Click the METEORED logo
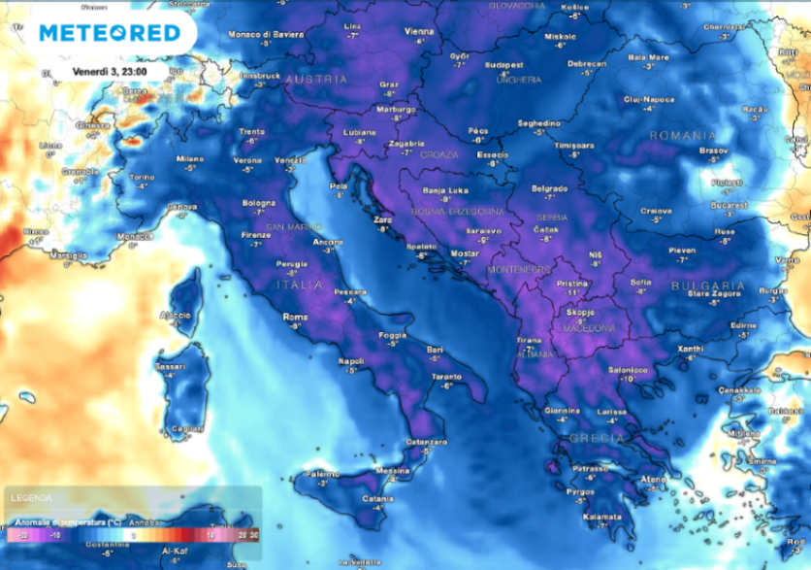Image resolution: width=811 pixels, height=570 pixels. (x=109, y=33)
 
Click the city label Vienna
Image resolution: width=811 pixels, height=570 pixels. (x=419, y=32)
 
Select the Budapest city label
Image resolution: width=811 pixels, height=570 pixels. (x=503, y=65)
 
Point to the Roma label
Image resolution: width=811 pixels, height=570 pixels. (x=294, y=317)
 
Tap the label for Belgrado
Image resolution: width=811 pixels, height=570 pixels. (x=549, y=187)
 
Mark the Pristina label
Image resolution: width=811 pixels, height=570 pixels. (x=573, y=283)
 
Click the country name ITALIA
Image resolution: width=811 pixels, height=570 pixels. (x=298, y=285)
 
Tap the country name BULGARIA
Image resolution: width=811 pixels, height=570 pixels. (x=708, y=286)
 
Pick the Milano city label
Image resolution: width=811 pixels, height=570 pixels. (x=190, y=159)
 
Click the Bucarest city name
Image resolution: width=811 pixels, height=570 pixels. (x=728, y=206)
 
